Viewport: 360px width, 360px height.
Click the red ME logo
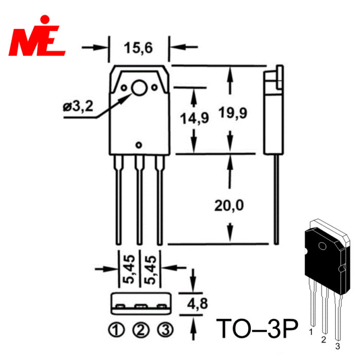pos(37,35)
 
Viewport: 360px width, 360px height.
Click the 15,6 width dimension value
pos(138,48)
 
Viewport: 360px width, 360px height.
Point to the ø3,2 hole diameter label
pos(78,106)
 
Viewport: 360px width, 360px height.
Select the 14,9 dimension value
pos(194,118)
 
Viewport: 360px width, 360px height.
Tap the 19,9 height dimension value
pos(233,113)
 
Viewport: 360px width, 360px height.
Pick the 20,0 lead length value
pos(229,205)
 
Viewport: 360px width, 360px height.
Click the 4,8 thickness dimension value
pos(197,303)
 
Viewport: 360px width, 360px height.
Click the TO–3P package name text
pos(257,328)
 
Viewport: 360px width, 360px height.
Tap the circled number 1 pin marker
pos(116,330)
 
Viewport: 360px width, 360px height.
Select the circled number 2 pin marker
pos(141,330)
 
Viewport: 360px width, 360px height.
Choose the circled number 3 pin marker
pos(165,330)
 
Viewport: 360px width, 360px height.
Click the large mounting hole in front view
pos(139,88)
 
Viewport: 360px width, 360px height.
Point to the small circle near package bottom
pos(139,145)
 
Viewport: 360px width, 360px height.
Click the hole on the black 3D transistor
pos(322,246)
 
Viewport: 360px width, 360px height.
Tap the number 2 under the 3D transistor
pos(323,339)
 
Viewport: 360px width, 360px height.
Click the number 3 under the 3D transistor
pos(337,346)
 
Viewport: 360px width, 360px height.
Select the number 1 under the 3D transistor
pos(311,332)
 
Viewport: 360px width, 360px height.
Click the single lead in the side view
pos(277,200)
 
